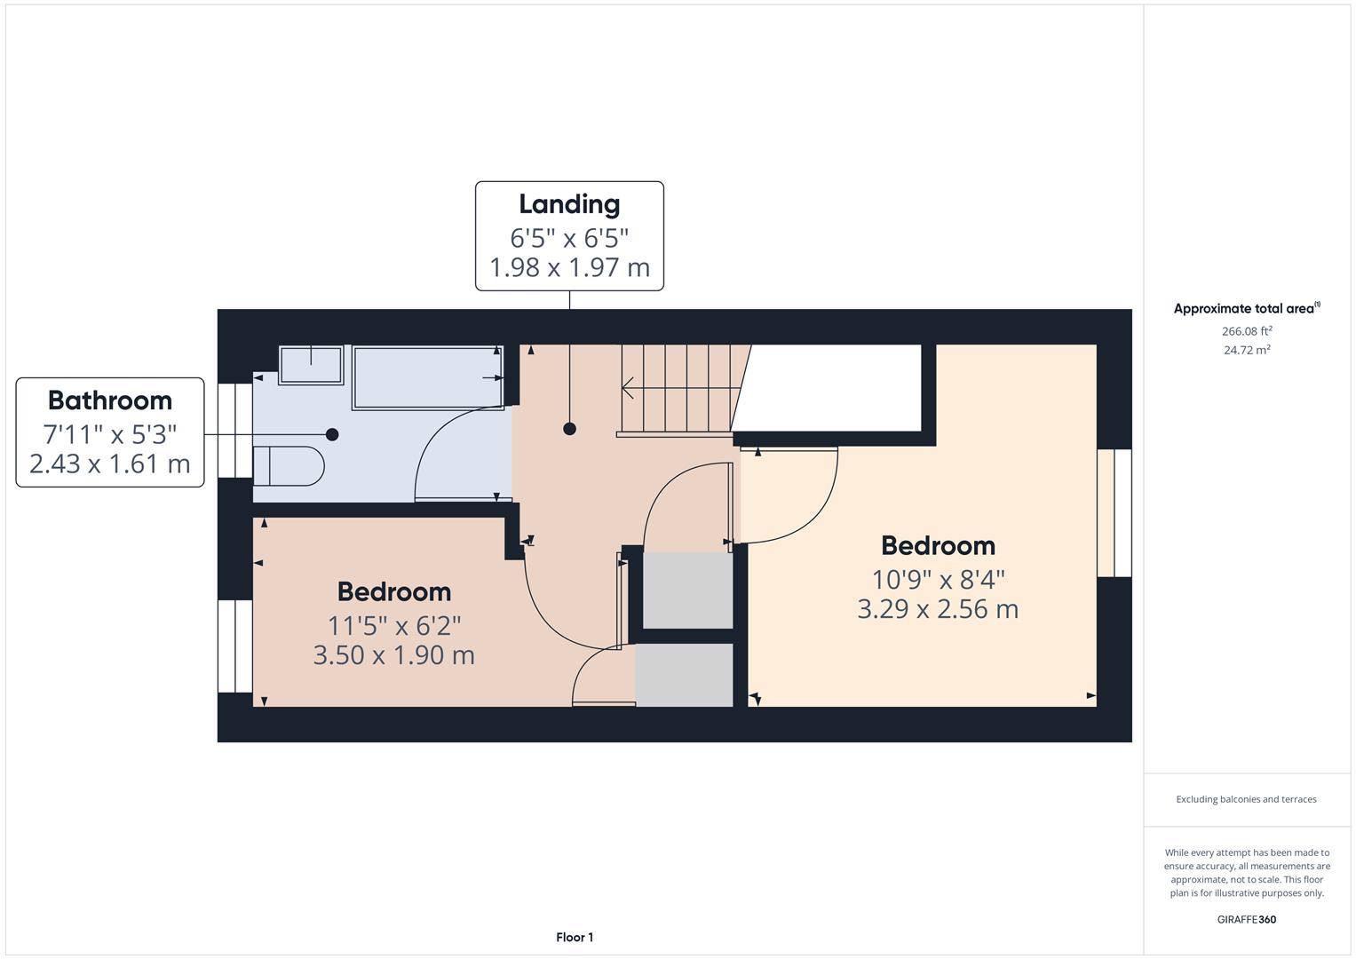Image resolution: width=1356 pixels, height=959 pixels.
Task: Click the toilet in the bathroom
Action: coord(289,465)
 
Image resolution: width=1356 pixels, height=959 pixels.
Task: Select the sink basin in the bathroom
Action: coord(311,365)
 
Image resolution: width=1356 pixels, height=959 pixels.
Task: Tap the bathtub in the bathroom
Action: coord(427,377)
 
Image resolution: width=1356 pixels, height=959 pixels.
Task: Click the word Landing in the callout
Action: coord(569,204)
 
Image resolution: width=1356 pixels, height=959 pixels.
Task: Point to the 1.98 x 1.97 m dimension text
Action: coord(569,267)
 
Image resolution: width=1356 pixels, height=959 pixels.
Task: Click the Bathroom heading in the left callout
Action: coord(110,400)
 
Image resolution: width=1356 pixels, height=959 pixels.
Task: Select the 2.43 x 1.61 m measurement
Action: coord(110,464)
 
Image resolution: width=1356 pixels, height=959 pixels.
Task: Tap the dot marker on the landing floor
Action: coord(569,429)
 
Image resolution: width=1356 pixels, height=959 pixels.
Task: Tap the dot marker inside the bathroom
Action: coord(332,434)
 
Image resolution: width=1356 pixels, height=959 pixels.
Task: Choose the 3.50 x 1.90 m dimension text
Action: coord(393,655)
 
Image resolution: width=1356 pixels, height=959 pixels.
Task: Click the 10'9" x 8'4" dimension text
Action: coord(938,580)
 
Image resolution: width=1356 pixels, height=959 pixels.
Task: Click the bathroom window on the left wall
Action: coord(235,430)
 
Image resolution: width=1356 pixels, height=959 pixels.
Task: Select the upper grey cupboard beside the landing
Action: coord(687,590)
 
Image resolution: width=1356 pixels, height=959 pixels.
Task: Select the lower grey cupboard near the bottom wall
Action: coord(684,675)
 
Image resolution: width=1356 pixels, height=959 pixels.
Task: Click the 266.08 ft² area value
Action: coord(1247,331)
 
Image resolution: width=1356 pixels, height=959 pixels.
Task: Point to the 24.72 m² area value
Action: coord(1247,350)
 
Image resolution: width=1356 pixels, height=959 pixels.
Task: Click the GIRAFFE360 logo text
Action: coord(1246,919)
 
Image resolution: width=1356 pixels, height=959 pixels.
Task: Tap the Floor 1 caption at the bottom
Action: coord(575,937)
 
